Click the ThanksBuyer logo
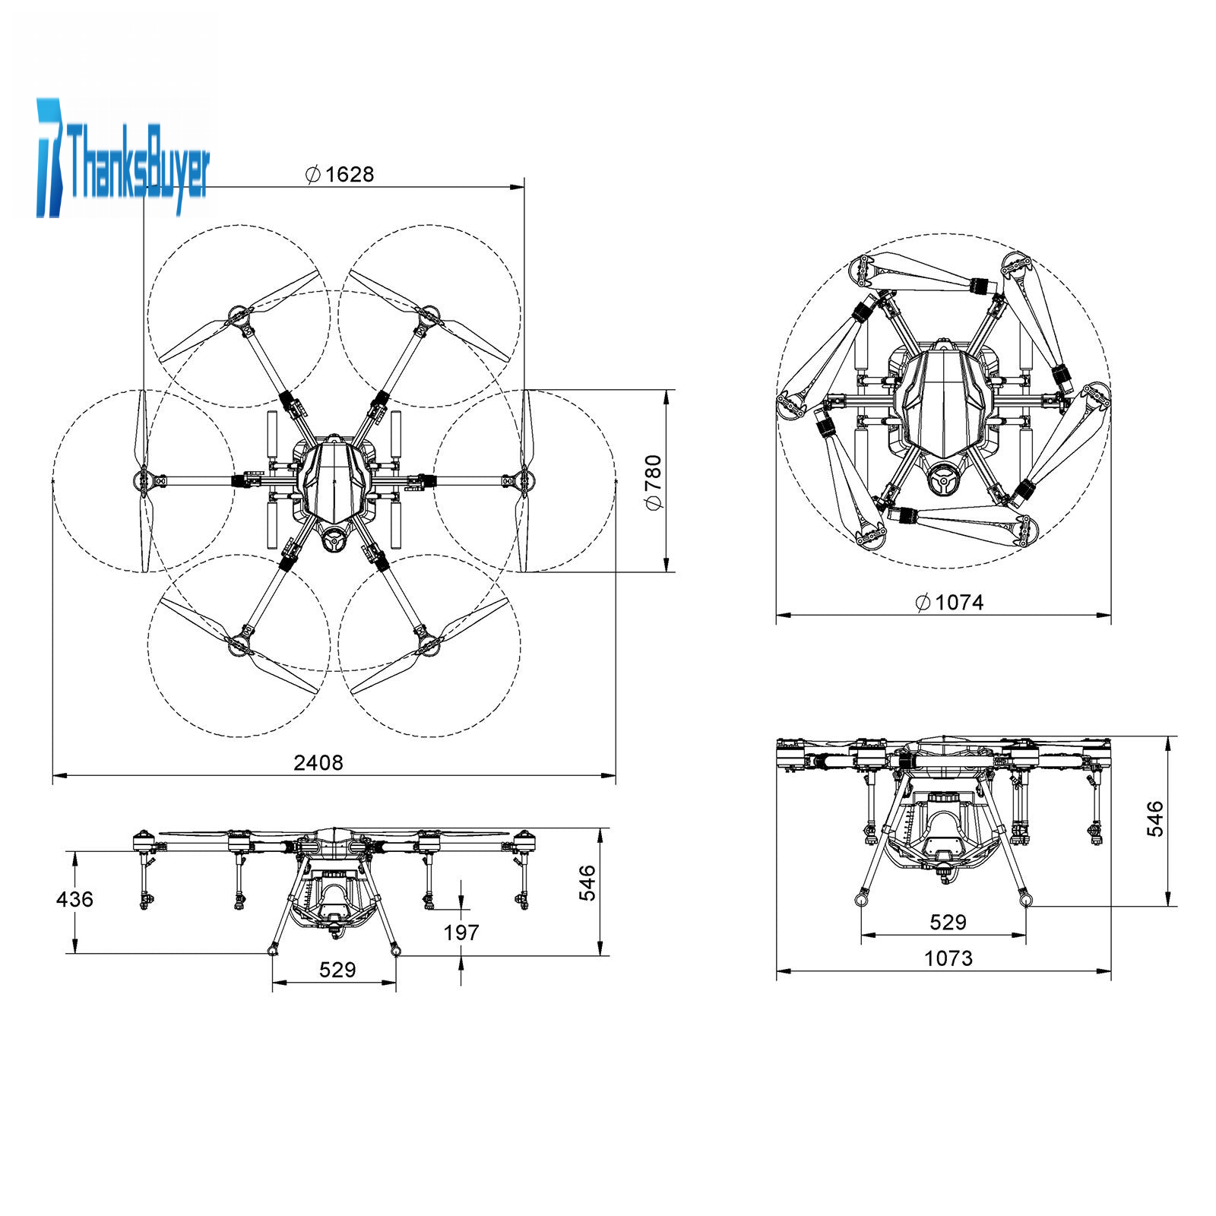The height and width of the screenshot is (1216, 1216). (x=122, y=157)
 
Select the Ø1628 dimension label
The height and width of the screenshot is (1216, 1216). (x=340, y=175)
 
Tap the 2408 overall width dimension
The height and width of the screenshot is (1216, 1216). (x=318, y=763)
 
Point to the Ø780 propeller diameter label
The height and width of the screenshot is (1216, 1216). (x=654, y=483)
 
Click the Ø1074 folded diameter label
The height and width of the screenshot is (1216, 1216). (x=950, y=603)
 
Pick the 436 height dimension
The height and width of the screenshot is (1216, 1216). (x=74, y=899)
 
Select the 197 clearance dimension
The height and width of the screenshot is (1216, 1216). (x=461, y=932)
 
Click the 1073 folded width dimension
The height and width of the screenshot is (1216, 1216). (x=948, y=958)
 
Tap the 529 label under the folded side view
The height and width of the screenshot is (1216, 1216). (x=948, y=922)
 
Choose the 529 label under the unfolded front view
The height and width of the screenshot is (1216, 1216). (x=337, y=970)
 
